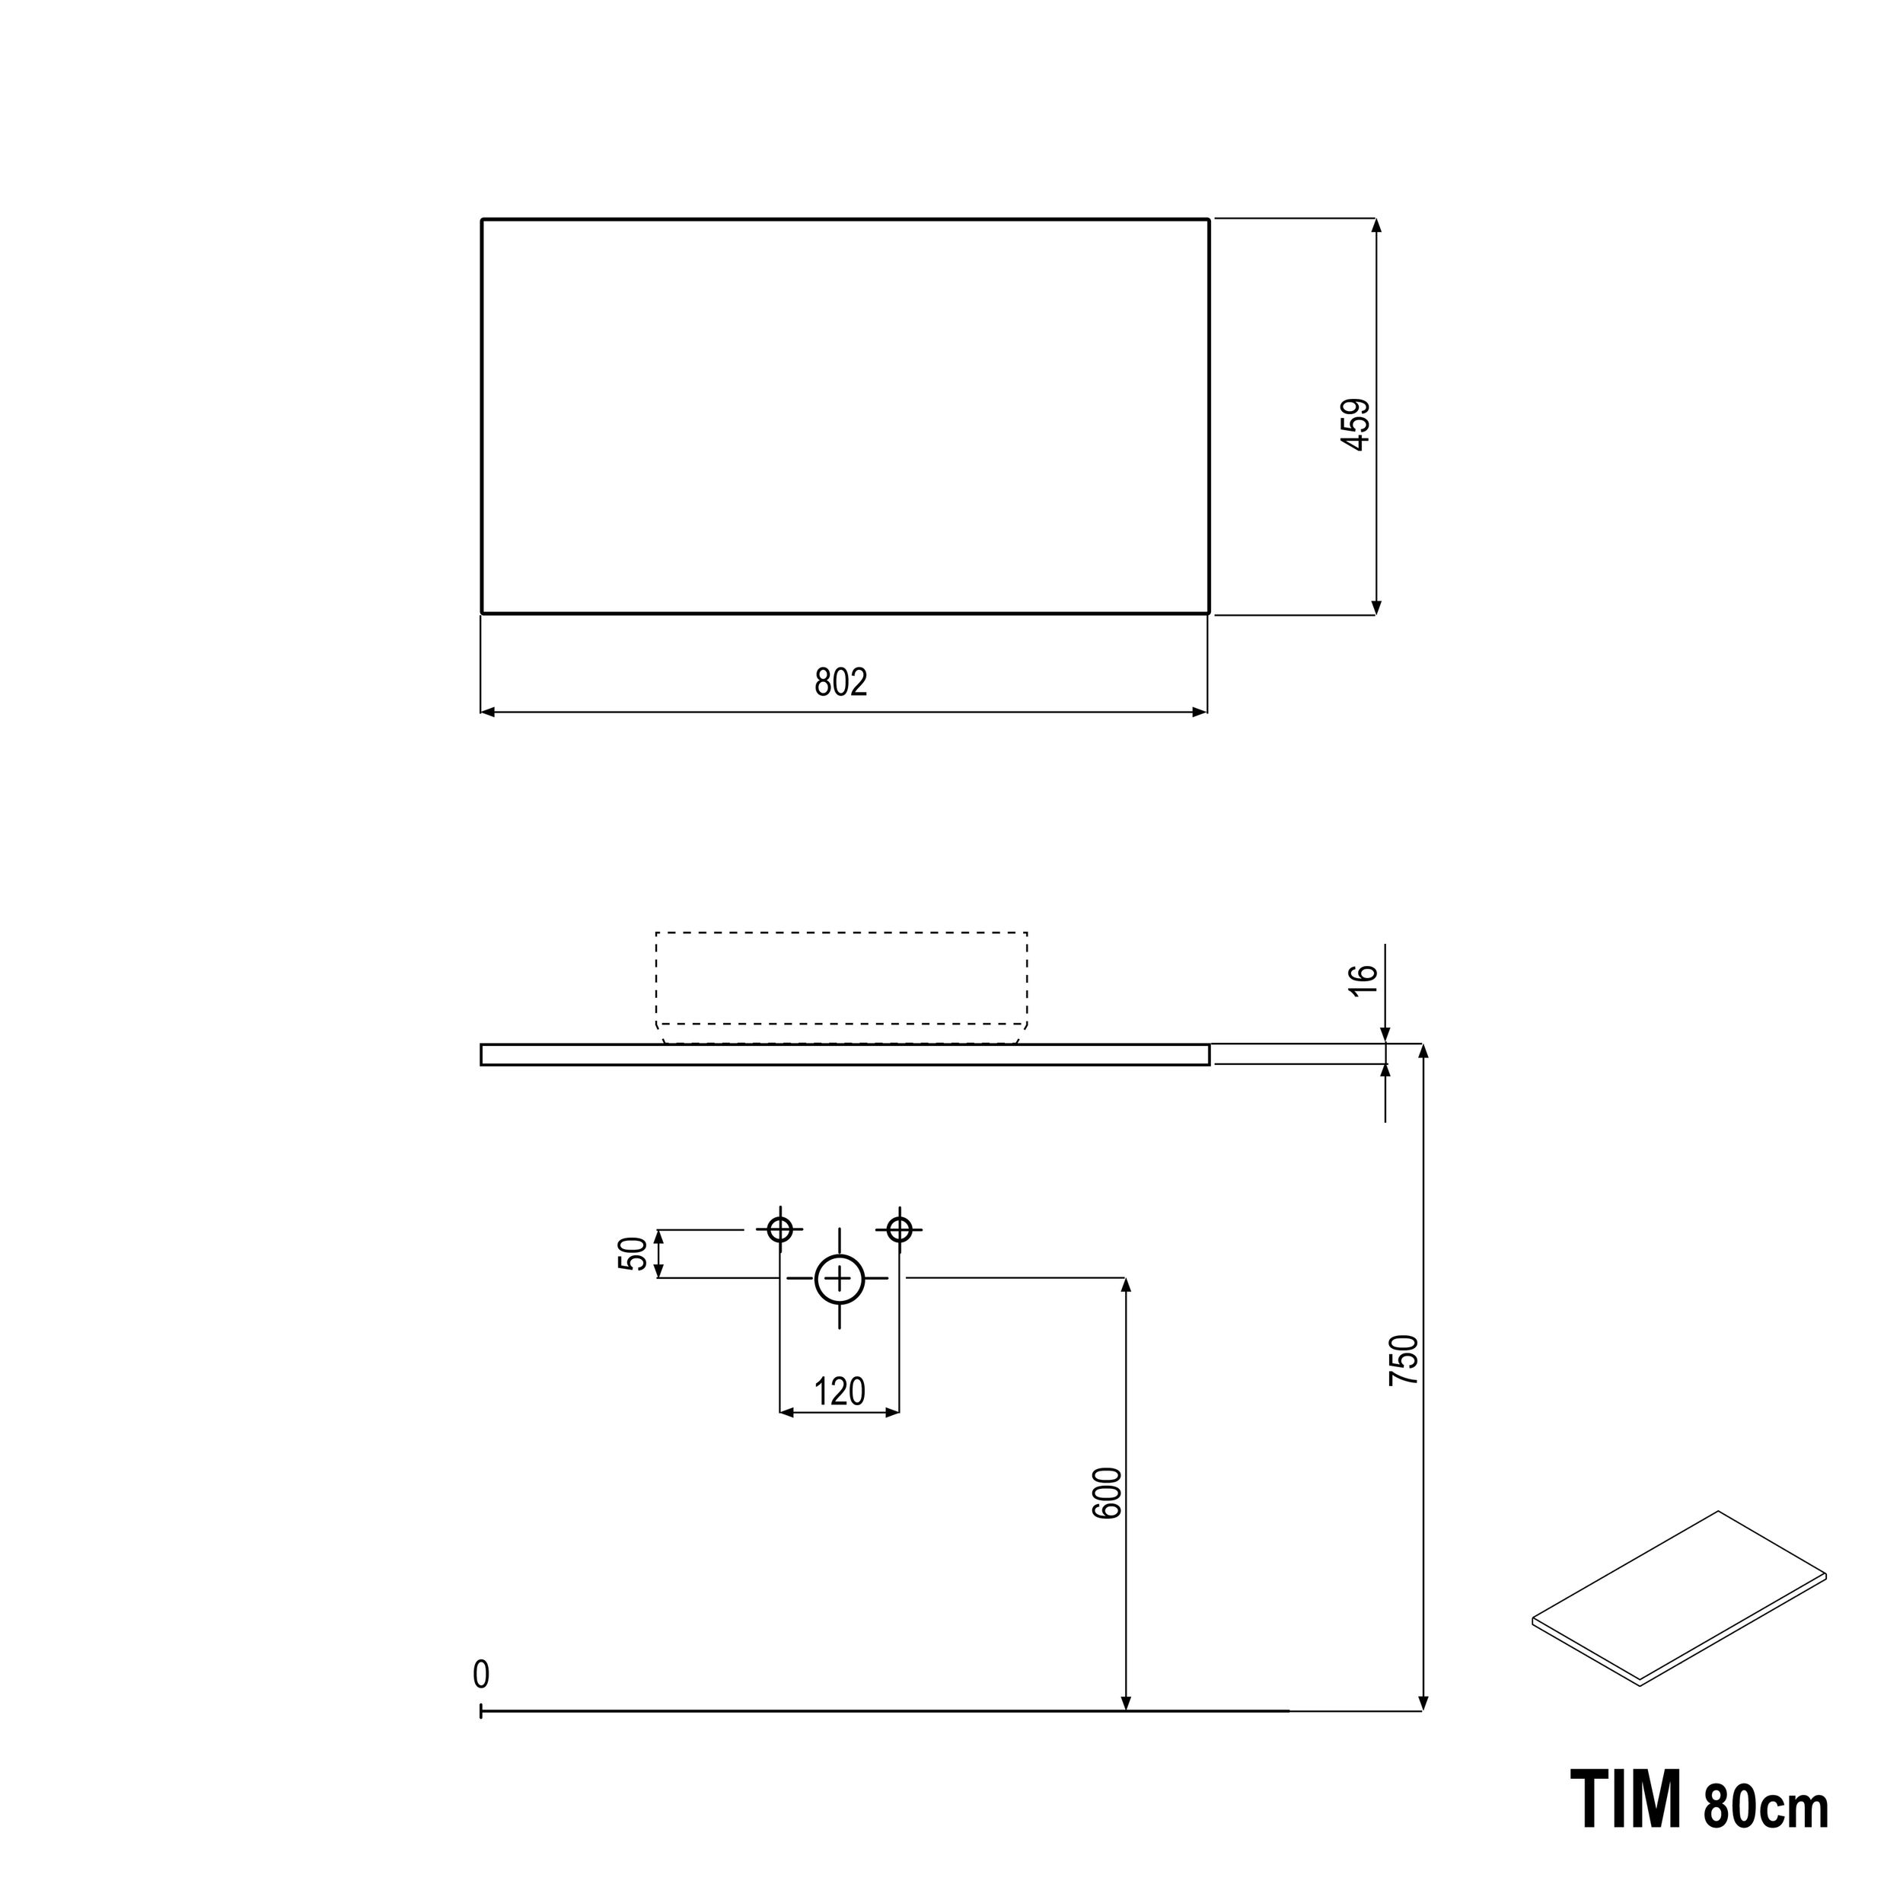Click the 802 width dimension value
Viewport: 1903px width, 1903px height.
tap(840, 683)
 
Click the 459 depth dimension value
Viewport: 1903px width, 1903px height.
tap(1356, 425)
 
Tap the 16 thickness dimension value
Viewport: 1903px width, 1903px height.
tap(1363, 980)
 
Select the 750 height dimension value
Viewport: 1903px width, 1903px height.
tap(1404, 1360)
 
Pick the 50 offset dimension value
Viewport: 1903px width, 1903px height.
tap(634, 1254)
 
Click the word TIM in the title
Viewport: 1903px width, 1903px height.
tap(1625, 1800)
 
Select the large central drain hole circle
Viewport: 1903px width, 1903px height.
tap(839, 1280)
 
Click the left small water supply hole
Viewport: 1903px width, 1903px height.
tap(780, 1229)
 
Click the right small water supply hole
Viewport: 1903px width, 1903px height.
tap(899, 1229)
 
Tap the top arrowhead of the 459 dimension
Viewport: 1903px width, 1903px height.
tap(1376, 225)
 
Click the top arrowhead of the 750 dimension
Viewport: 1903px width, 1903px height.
tap(1423, 1052)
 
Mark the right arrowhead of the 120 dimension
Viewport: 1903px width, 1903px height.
tap(892, 1413)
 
